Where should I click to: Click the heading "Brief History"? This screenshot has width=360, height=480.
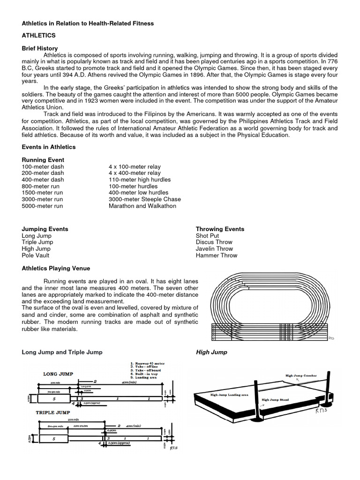40,48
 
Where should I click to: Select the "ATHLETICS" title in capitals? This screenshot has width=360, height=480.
39,36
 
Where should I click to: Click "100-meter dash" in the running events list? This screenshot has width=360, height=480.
43,166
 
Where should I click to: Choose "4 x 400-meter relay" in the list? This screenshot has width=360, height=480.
135,173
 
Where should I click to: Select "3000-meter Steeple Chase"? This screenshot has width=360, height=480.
144,199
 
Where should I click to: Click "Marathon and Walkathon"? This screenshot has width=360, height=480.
142,206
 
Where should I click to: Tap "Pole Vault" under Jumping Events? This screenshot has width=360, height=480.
36,255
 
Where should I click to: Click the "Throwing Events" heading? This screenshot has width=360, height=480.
220,229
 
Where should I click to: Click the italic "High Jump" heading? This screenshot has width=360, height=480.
211,352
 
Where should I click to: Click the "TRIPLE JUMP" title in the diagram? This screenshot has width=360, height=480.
52,412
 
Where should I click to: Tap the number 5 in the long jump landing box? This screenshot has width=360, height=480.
54,398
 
